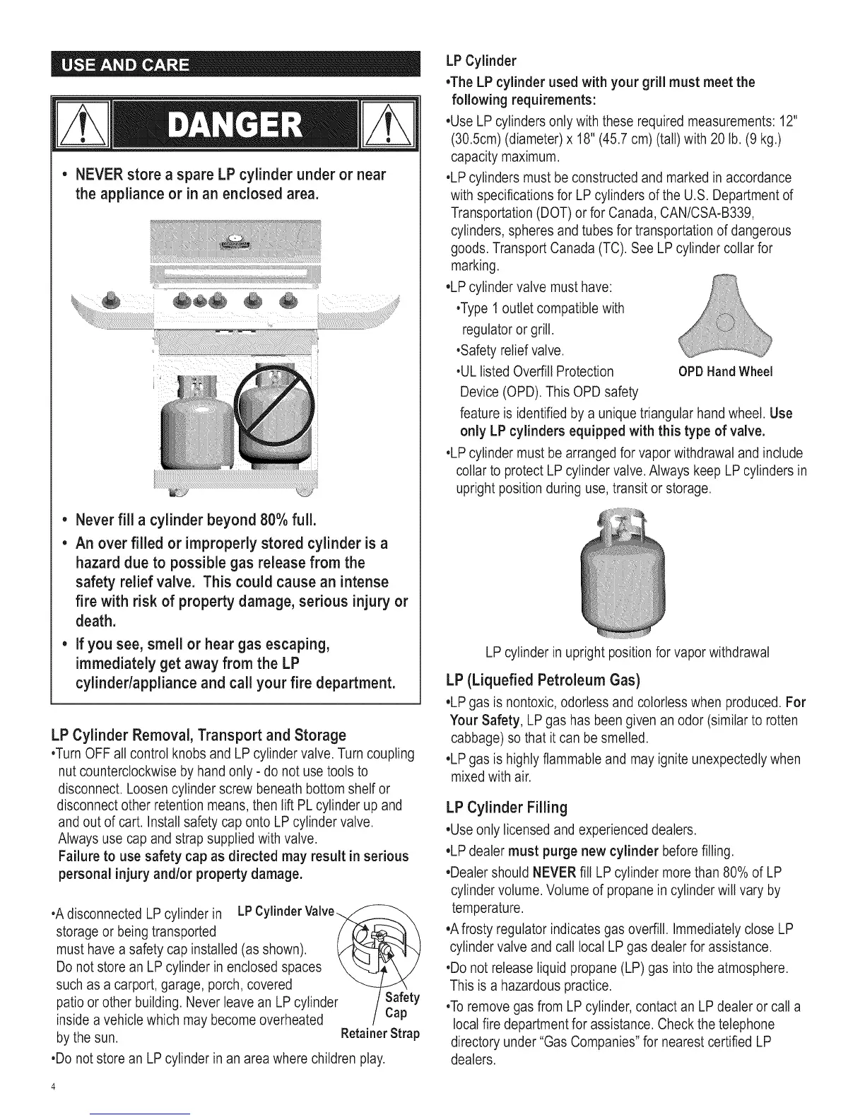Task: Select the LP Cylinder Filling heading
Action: click(507, 807)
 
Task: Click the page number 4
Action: click(53, 1086)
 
